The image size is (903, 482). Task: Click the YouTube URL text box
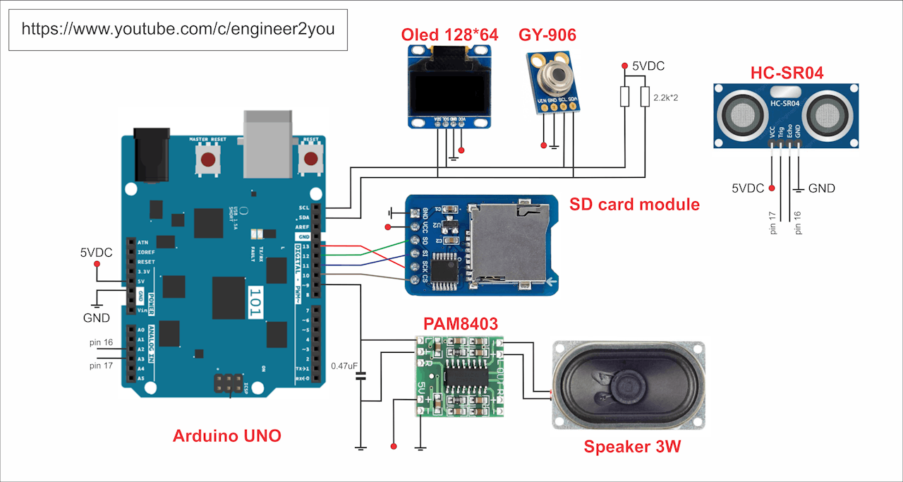coord(178,30)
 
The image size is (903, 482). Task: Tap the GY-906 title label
coord(547,34)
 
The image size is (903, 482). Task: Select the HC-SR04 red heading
coord(787,73)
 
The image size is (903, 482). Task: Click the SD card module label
coord(634,205)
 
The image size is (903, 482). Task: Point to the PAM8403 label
coord(460,324)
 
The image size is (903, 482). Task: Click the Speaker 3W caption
coord(632,446)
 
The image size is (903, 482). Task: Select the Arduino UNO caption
coord(227,435)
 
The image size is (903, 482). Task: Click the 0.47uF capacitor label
coord(345,366)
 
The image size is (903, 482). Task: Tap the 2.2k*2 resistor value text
coord(666,97)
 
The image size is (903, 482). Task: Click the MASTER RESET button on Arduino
coord(208,159)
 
